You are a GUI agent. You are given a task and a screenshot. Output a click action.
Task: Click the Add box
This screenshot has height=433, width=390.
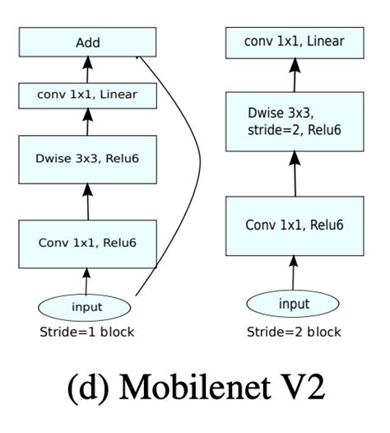pos(88,42)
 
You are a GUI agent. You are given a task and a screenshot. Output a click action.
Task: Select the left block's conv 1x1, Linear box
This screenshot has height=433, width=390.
pos(88,95)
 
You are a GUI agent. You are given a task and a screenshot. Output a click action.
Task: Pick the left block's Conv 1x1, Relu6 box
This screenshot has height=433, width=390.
pos(88,242)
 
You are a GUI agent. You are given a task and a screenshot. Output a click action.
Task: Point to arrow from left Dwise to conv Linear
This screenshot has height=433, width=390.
pos(88,123)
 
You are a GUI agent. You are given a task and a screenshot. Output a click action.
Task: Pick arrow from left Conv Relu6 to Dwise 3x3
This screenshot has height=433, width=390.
pos(88,201)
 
